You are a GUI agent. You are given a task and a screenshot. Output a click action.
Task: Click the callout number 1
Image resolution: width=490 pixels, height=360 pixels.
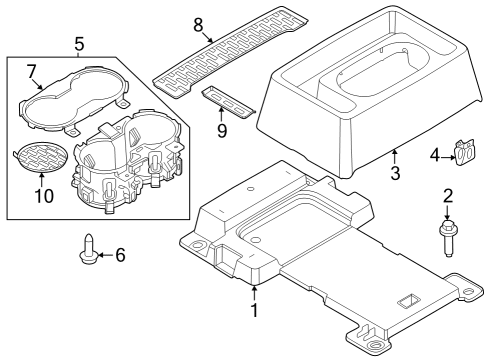[x=254, y=310]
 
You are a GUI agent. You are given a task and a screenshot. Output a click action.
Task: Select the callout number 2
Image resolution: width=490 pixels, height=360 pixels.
[x=449, y=197]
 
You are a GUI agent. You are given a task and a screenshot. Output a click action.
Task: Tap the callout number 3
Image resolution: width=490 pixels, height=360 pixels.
[x=395, y=175]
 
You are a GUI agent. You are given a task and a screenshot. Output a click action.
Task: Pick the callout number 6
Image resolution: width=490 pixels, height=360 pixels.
[x=120, y=255]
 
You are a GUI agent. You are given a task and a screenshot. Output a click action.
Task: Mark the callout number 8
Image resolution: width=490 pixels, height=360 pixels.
[x=198, y=23]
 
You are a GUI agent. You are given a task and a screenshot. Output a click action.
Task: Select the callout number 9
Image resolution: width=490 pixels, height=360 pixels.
[x=221, y=130]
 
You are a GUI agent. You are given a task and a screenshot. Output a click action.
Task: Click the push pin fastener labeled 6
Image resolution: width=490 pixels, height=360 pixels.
[x=88, y=250]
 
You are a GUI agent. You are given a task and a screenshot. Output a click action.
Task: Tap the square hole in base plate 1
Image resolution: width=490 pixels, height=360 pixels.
[x=408, y=298]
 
